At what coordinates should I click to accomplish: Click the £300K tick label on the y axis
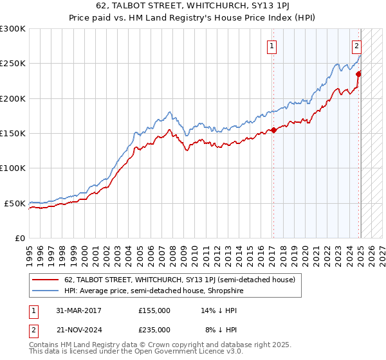point(13,29)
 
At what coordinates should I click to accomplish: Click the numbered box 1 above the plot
point(273,46)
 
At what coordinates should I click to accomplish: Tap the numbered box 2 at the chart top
point(356,46)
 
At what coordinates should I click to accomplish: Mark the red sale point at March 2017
point(273,130)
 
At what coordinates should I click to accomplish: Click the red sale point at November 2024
point(359,74)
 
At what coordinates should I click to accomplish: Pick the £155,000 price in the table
point(154,310)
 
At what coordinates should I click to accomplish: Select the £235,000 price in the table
point(154,330)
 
